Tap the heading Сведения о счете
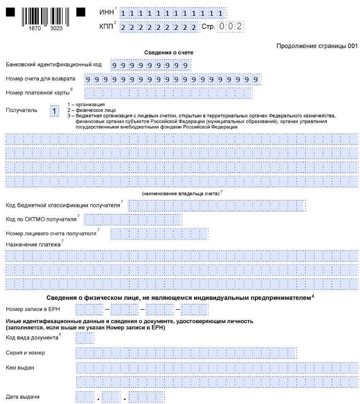point(169,53)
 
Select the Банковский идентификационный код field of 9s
point(150,65)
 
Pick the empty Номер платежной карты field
point(168,93)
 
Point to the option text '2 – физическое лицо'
point(88,110)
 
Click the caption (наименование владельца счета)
point(180,193)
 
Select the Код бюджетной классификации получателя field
point(217,205)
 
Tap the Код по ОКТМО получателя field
point(132,219)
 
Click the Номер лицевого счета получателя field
point(159,233)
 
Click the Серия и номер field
point(185,353)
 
